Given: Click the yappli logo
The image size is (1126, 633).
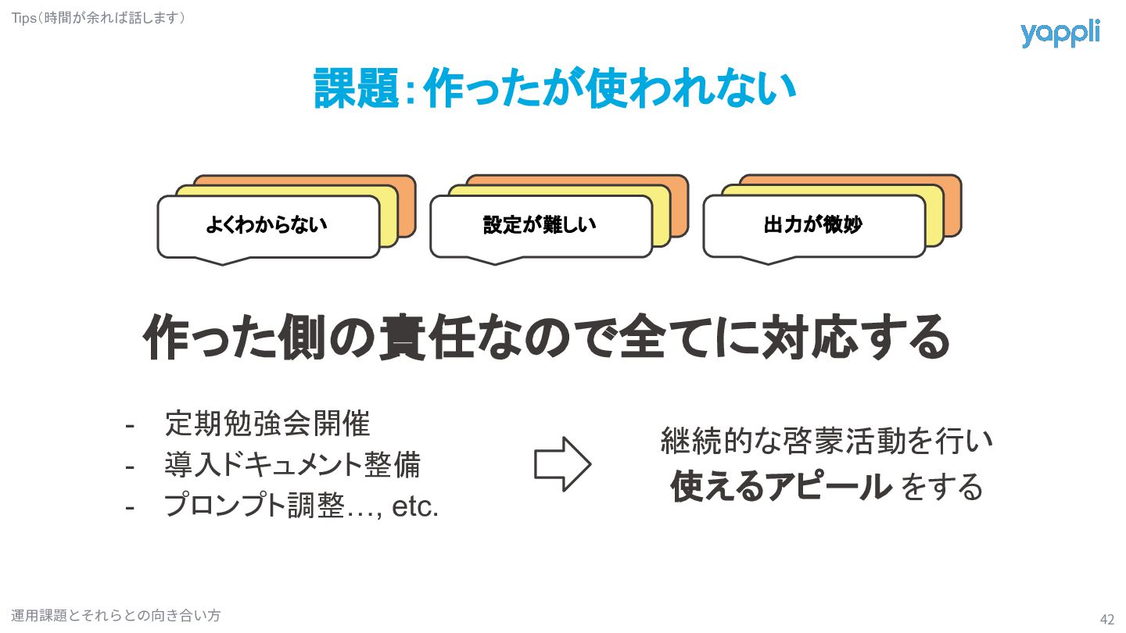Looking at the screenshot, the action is (1060, 34).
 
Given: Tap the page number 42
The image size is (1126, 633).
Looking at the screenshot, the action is (1106, 619).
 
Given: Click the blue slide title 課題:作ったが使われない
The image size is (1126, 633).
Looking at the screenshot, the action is (554, 88).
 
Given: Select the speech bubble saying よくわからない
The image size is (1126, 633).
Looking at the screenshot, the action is (267, 226).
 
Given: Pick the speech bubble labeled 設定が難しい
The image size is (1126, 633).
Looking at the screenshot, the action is (540, 226).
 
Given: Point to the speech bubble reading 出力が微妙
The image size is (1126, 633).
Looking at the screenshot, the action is (813, 226).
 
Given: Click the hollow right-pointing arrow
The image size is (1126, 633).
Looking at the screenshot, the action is (562, 464).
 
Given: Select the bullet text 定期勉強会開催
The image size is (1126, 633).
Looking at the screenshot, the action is (267, 424).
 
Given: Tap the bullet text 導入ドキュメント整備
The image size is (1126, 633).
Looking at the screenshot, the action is (292, 466).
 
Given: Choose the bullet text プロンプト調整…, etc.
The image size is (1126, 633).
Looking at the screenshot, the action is (301, 507).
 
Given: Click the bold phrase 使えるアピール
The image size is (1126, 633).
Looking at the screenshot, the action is (780, 488).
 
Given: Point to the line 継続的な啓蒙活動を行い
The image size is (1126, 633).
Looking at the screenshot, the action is (827, 442).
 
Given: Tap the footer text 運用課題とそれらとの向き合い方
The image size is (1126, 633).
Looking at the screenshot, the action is (116, 616).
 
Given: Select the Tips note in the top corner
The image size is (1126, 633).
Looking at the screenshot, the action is (99, 16).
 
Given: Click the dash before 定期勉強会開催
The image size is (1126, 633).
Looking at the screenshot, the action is (130, 425).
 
